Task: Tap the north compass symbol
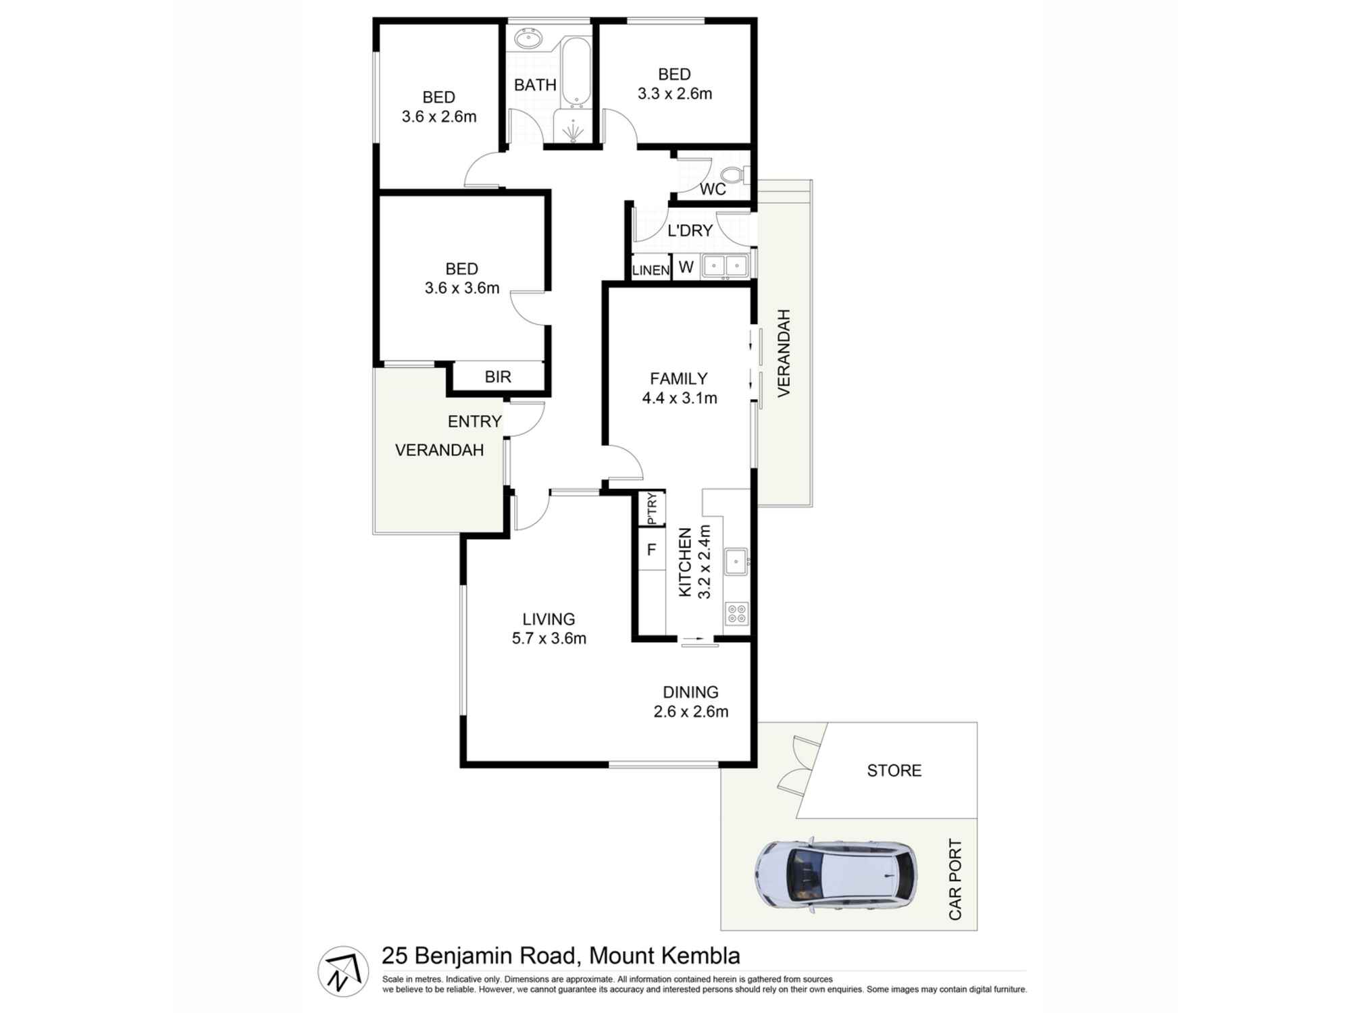[343, 971]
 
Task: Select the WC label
[713, 189]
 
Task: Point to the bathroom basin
[528, 40]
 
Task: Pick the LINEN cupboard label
[651, 271]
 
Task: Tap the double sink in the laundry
[725, 266]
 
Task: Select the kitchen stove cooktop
[736, 613]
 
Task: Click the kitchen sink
[736, 561]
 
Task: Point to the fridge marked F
[651, 550]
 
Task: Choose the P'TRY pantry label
[652, 509]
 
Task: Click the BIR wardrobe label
[498, 377]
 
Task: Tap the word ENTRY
[474, 421]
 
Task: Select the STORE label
[894, 771]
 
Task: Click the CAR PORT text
[955, 879]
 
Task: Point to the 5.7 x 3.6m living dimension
[549, 638]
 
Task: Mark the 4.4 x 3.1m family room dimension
[679, 398]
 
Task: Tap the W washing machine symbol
[686, 267]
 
